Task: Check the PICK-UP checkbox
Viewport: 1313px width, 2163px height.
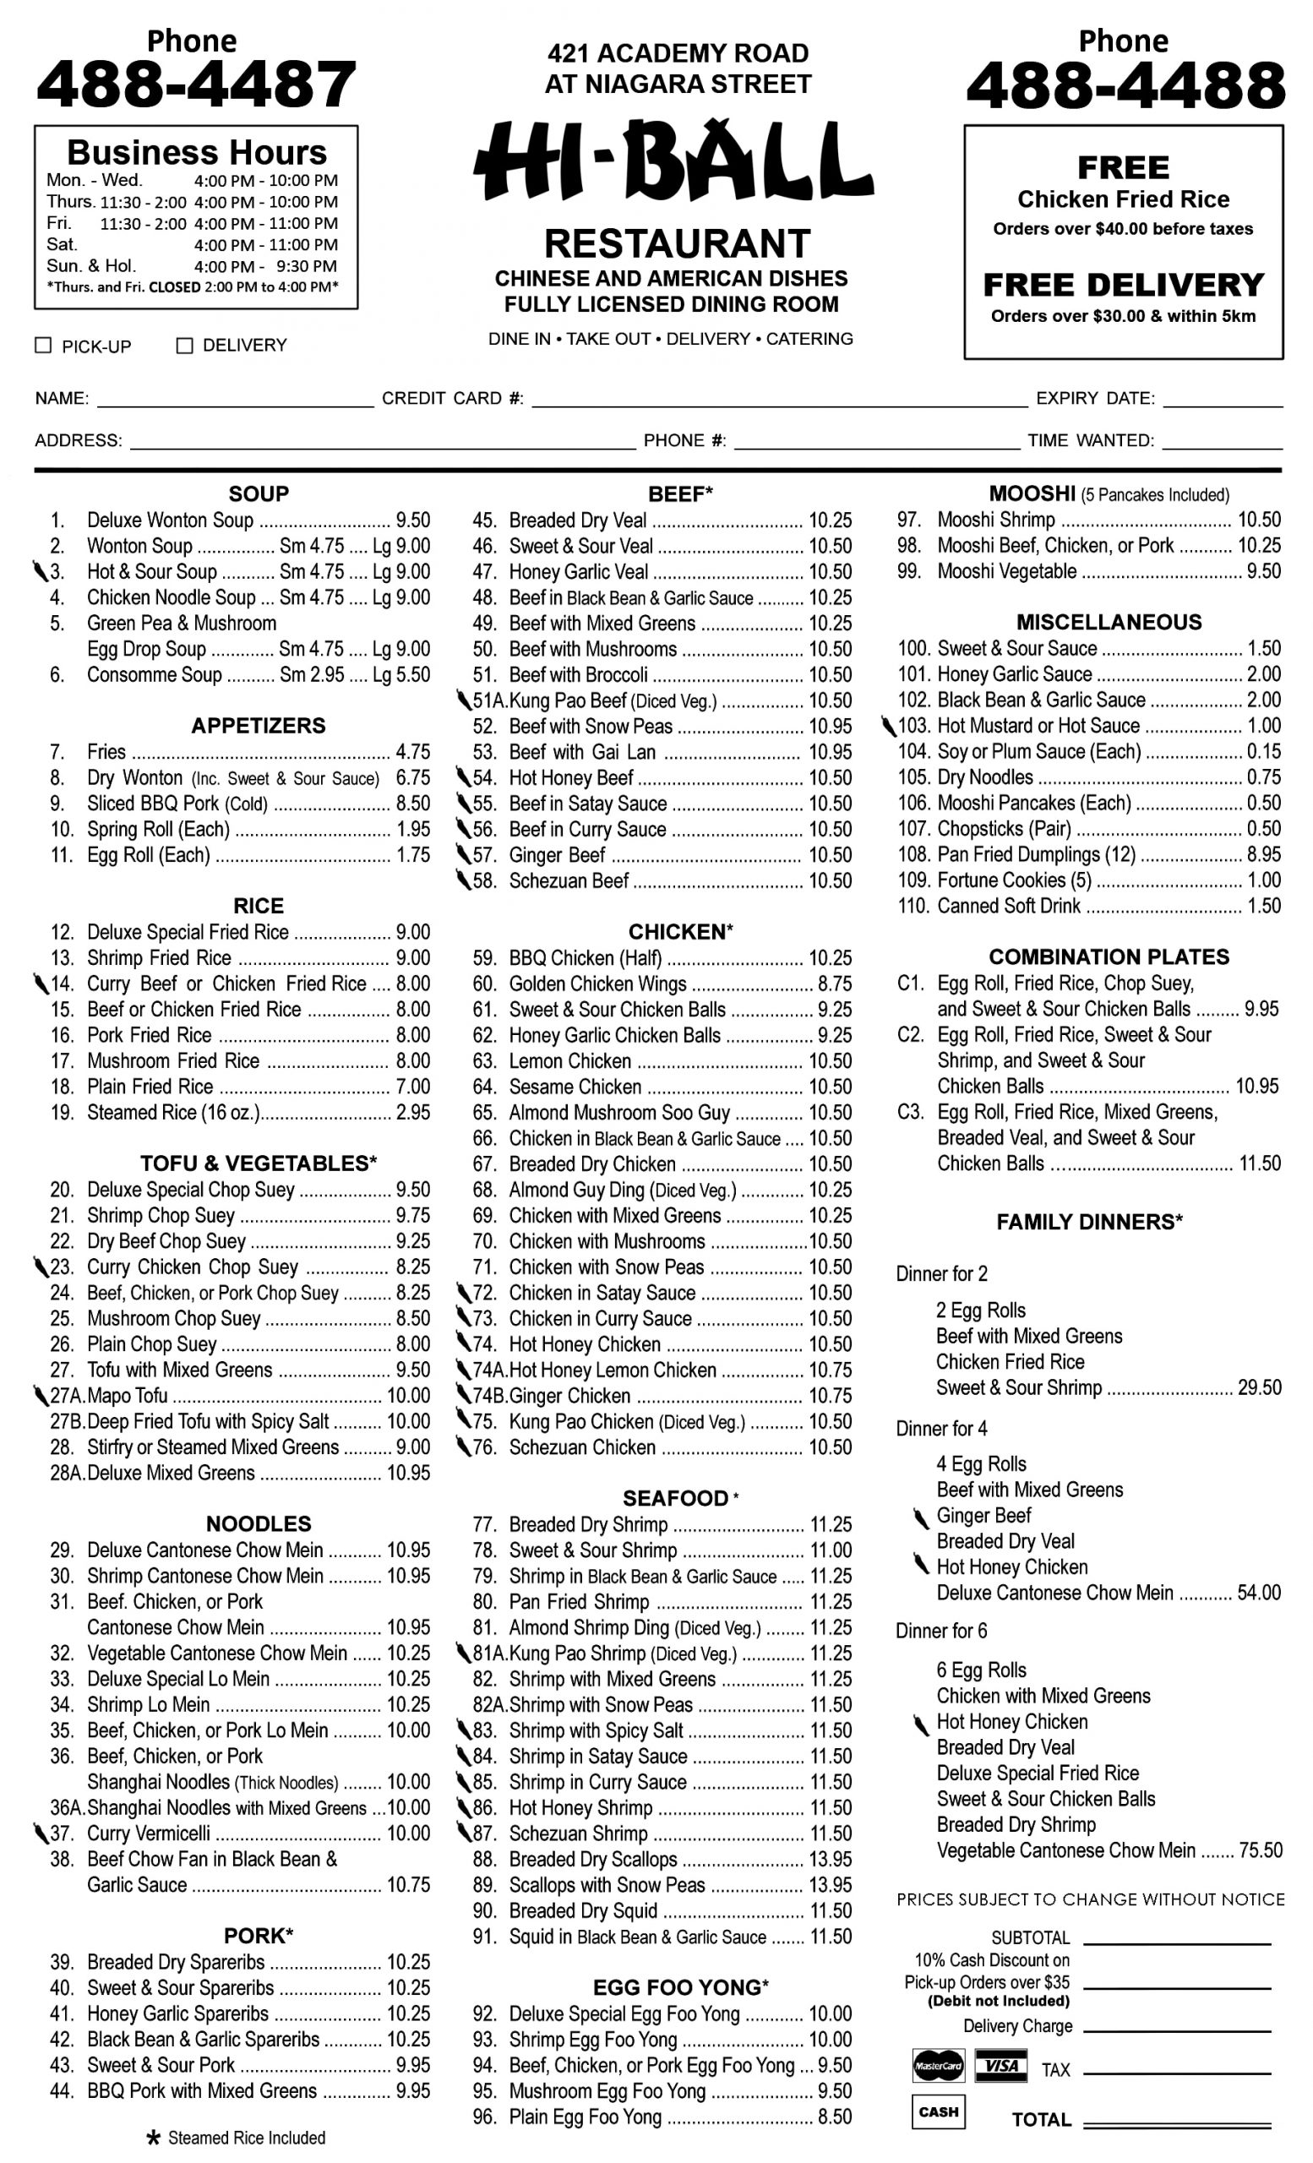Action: tap(43, 345)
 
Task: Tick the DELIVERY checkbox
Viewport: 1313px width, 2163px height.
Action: tap(184, 345)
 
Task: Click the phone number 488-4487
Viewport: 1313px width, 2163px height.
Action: tap(196, 84)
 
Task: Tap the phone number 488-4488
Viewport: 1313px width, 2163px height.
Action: tap(1125, 85)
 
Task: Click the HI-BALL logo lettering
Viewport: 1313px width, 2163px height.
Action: tap(674, 162)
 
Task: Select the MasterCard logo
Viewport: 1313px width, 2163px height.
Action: tap(937, 2066)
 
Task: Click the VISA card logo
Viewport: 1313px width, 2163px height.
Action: tap(1000, 2066)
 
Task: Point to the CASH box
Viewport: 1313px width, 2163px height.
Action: tap(937, 2112)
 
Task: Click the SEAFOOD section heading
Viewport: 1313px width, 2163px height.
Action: tap(676, 1499)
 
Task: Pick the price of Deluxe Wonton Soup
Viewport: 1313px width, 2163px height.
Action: tap(412, 520)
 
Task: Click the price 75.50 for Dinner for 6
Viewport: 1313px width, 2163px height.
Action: tap(1261, 1850)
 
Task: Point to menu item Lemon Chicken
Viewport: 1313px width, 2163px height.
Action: tap(569, 1061)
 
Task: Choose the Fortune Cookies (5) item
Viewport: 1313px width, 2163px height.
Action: tap(1014, 880)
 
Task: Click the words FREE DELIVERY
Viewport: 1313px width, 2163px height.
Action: tap(1123, 286)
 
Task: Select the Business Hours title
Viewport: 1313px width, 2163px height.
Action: tap(197, 153)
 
